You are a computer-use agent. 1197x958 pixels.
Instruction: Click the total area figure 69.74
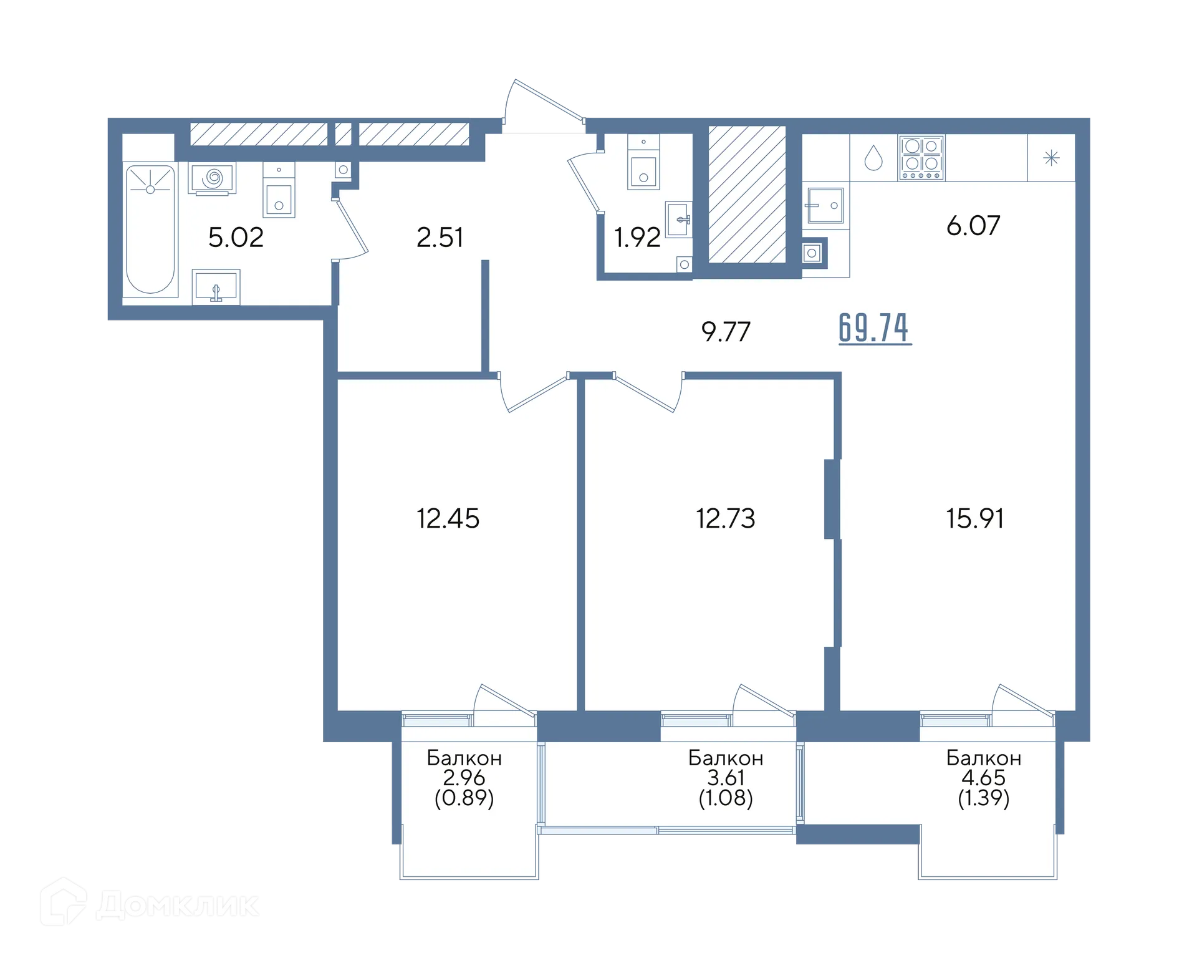pyautogui.click(x=875, y=328)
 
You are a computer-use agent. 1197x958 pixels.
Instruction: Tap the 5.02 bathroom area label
pyautogui.click(x=236, y=238)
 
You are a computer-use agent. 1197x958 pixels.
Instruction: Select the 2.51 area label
pyautogui.click(x=440, y=238)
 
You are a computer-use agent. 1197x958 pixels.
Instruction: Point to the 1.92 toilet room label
pyautogui.click(x=637, y=238)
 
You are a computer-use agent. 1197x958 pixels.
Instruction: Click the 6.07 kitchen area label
pyautogui.click(x=973, y=226)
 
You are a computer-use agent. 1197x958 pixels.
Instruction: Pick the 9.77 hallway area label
pyautogui.click(x=726, y=332)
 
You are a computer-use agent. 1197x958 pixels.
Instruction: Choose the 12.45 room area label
pyautogui.click(x=448, y=518)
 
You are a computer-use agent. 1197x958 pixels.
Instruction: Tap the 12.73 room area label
pyautogui.click(x=726, y=518)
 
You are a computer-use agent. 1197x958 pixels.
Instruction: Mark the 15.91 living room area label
pyautogui.click(x=975, y=518)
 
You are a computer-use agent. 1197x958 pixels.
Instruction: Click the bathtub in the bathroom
pyautogui.click(x=150, y=229)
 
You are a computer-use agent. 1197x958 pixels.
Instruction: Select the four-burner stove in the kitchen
pyautogui.click(x=921, y=158)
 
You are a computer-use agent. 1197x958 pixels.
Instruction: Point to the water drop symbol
pyautogui.click(x=873, y=158)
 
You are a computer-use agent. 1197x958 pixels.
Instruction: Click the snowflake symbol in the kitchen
pyautogui.click(x=1051, y=158)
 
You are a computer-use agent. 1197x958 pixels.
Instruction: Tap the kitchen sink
pyautogui.click(x=825, y=205)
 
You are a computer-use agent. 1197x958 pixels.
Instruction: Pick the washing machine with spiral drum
pyautogui.click(x=212, y=178)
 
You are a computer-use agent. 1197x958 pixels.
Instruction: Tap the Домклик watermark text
pyautogui.click(x=178, y=905)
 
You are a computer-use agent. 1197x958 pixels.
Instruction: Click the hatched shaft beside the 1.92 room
pyautogui.click(x=747, y=194)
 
